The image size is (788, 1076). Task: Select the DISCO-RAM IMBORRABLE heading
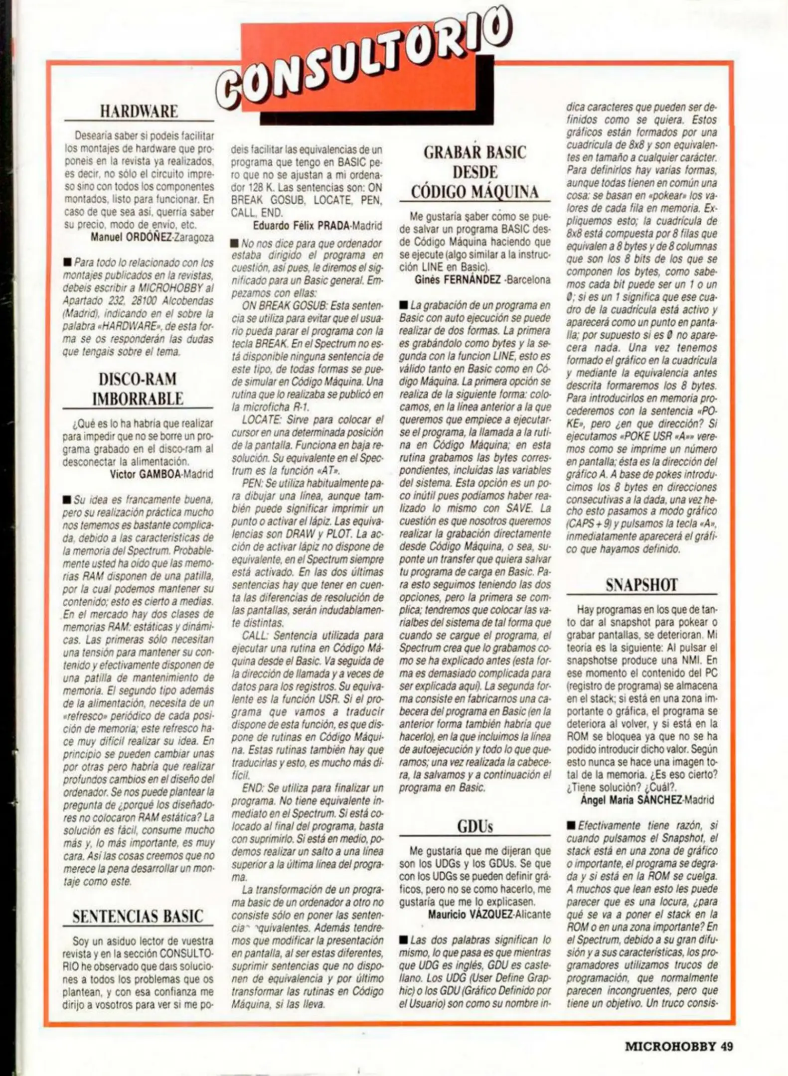[138, 389]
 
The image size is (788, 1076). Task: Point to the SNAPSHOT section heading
[641, 585]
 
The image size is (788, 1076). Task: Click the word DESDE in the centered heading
[475, 172]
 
